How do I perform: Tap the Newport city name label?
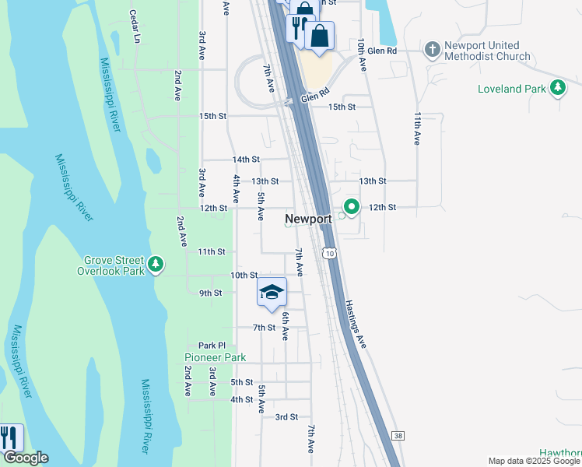[308, 219]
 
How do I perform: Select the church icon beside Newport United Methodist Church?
[433, 50]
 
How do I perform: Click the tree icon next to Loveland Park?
[557, 89]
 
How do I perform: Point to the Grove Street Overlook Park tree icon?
[156, 265]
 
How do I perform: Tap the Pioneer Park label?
[215, 357]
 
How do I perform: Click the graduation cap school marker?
[272, 292]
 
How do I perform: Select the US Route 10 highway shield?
[331, 254]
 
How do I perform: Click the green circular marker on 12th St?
[352, 207]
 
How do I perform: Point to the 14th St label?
[246, 160]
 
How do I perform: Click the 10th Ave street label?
[362, 55]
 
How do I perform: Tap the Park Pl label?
[211, 346]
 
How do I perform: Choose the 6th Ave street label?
[286, 325]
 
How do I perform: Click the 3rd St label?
[286, 417]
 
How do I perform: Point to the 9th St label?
[211, 293]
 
